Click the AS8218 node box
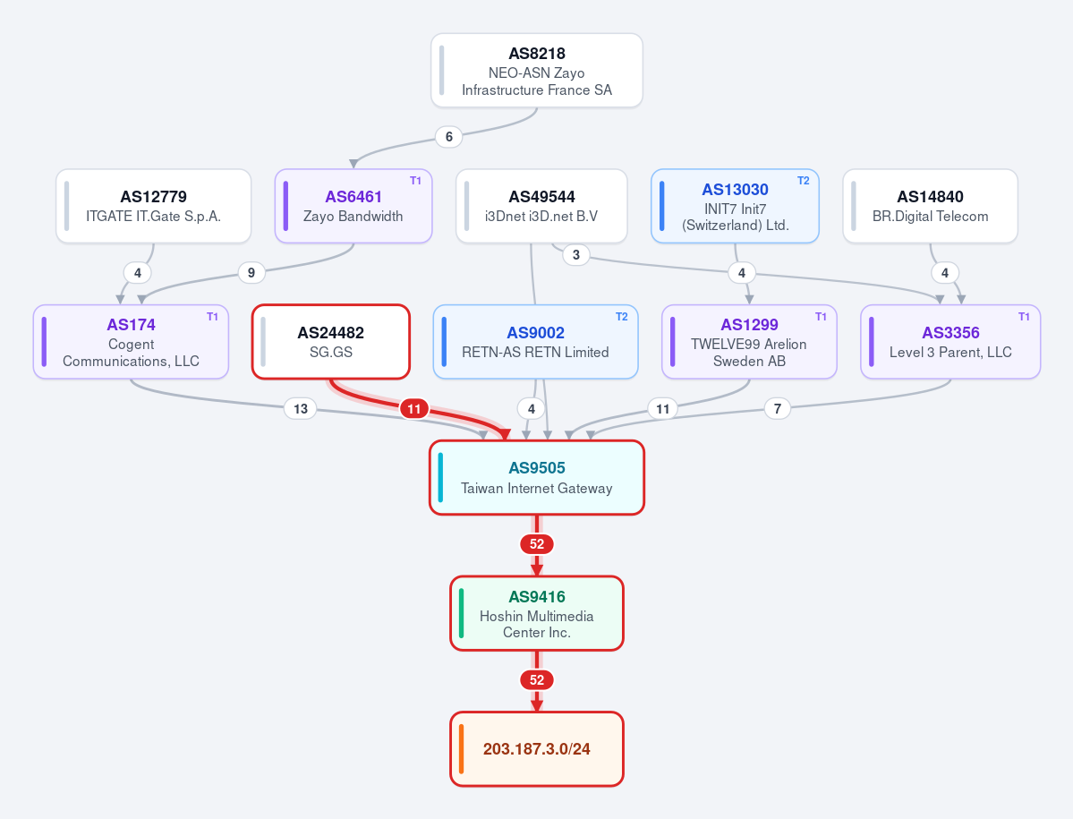(x=537, y=71)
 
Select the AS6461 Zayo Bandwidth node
(x=353, y=206)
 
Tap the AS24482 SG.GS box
(x=331, y=341)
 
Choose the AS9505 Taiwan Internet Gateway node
(x=537, y=478)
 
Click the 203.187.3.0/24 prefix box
(x=537, y=749)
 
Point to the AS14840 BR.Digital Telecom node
(x=930, y=206)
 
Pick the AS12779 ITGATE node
(x=153, y=206)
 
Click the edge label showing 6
(x=449, y=137)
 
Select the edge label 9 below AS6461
(x=251, y=273)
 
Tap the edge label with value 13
(x=301, y=409)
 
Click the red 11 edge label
(x=414, y=409)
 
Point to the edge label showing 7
(x=778, y=409)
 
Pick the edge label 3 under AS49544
(x=576, y=255)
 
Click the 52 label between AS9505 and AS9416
(x=537, y=544)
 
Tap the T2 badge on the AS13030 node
(x=804, y=181)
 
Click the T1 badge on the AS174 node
(x=212, y=317)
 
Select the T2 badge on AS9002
(x=621, y=317)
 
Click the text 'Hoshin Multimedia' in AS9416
(x=537, y=617)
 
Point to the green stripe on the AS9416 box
(x=461, y=613)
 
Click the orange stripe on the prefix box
(x=461, y=749)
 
